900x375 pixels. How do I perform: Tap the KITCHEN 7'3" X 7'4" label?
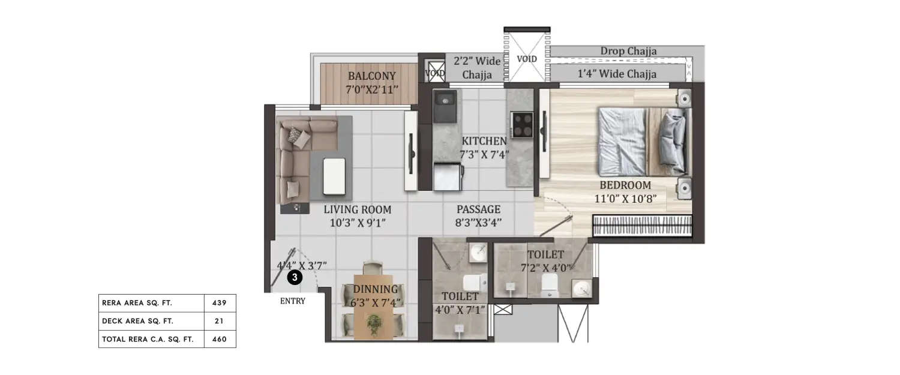click(x=484, y=147)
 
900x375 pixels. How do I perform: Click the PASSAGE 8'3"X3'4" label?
click(x=478, y=216)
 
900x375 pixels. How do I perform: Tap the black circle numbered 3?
click(x=294, y=277)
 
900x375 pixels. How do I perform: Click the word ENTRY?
click(x=293, y=301)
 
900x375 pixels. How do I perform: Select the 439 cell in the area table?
click(x=220, y=303)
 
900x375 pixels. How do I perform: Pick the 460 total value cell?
click(x=220, y=339)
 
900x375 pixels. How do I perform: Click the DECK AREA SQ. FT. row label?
click(x=137, y=321)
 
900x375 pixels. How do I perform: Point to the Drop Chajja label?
click(x=628, y=51)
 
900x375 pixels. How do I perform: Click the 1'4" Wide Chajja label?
click(x=617, y=74)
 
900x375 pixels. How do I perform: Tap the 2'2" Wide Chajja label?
click(x=476, y=68)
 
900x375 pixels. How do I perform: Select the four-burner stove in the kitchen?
click(x=521, y=125)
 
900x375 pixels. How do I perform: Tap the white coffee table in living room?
click(x=335, y=176)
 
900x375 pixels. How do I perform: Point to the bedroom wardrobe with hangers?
click(x=641, y=228)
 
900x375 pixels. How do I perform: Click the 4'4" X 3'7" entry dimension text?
click(x=302, y=264)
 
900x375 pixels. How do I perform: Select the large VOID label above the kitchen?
click(x=526, y=59)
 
